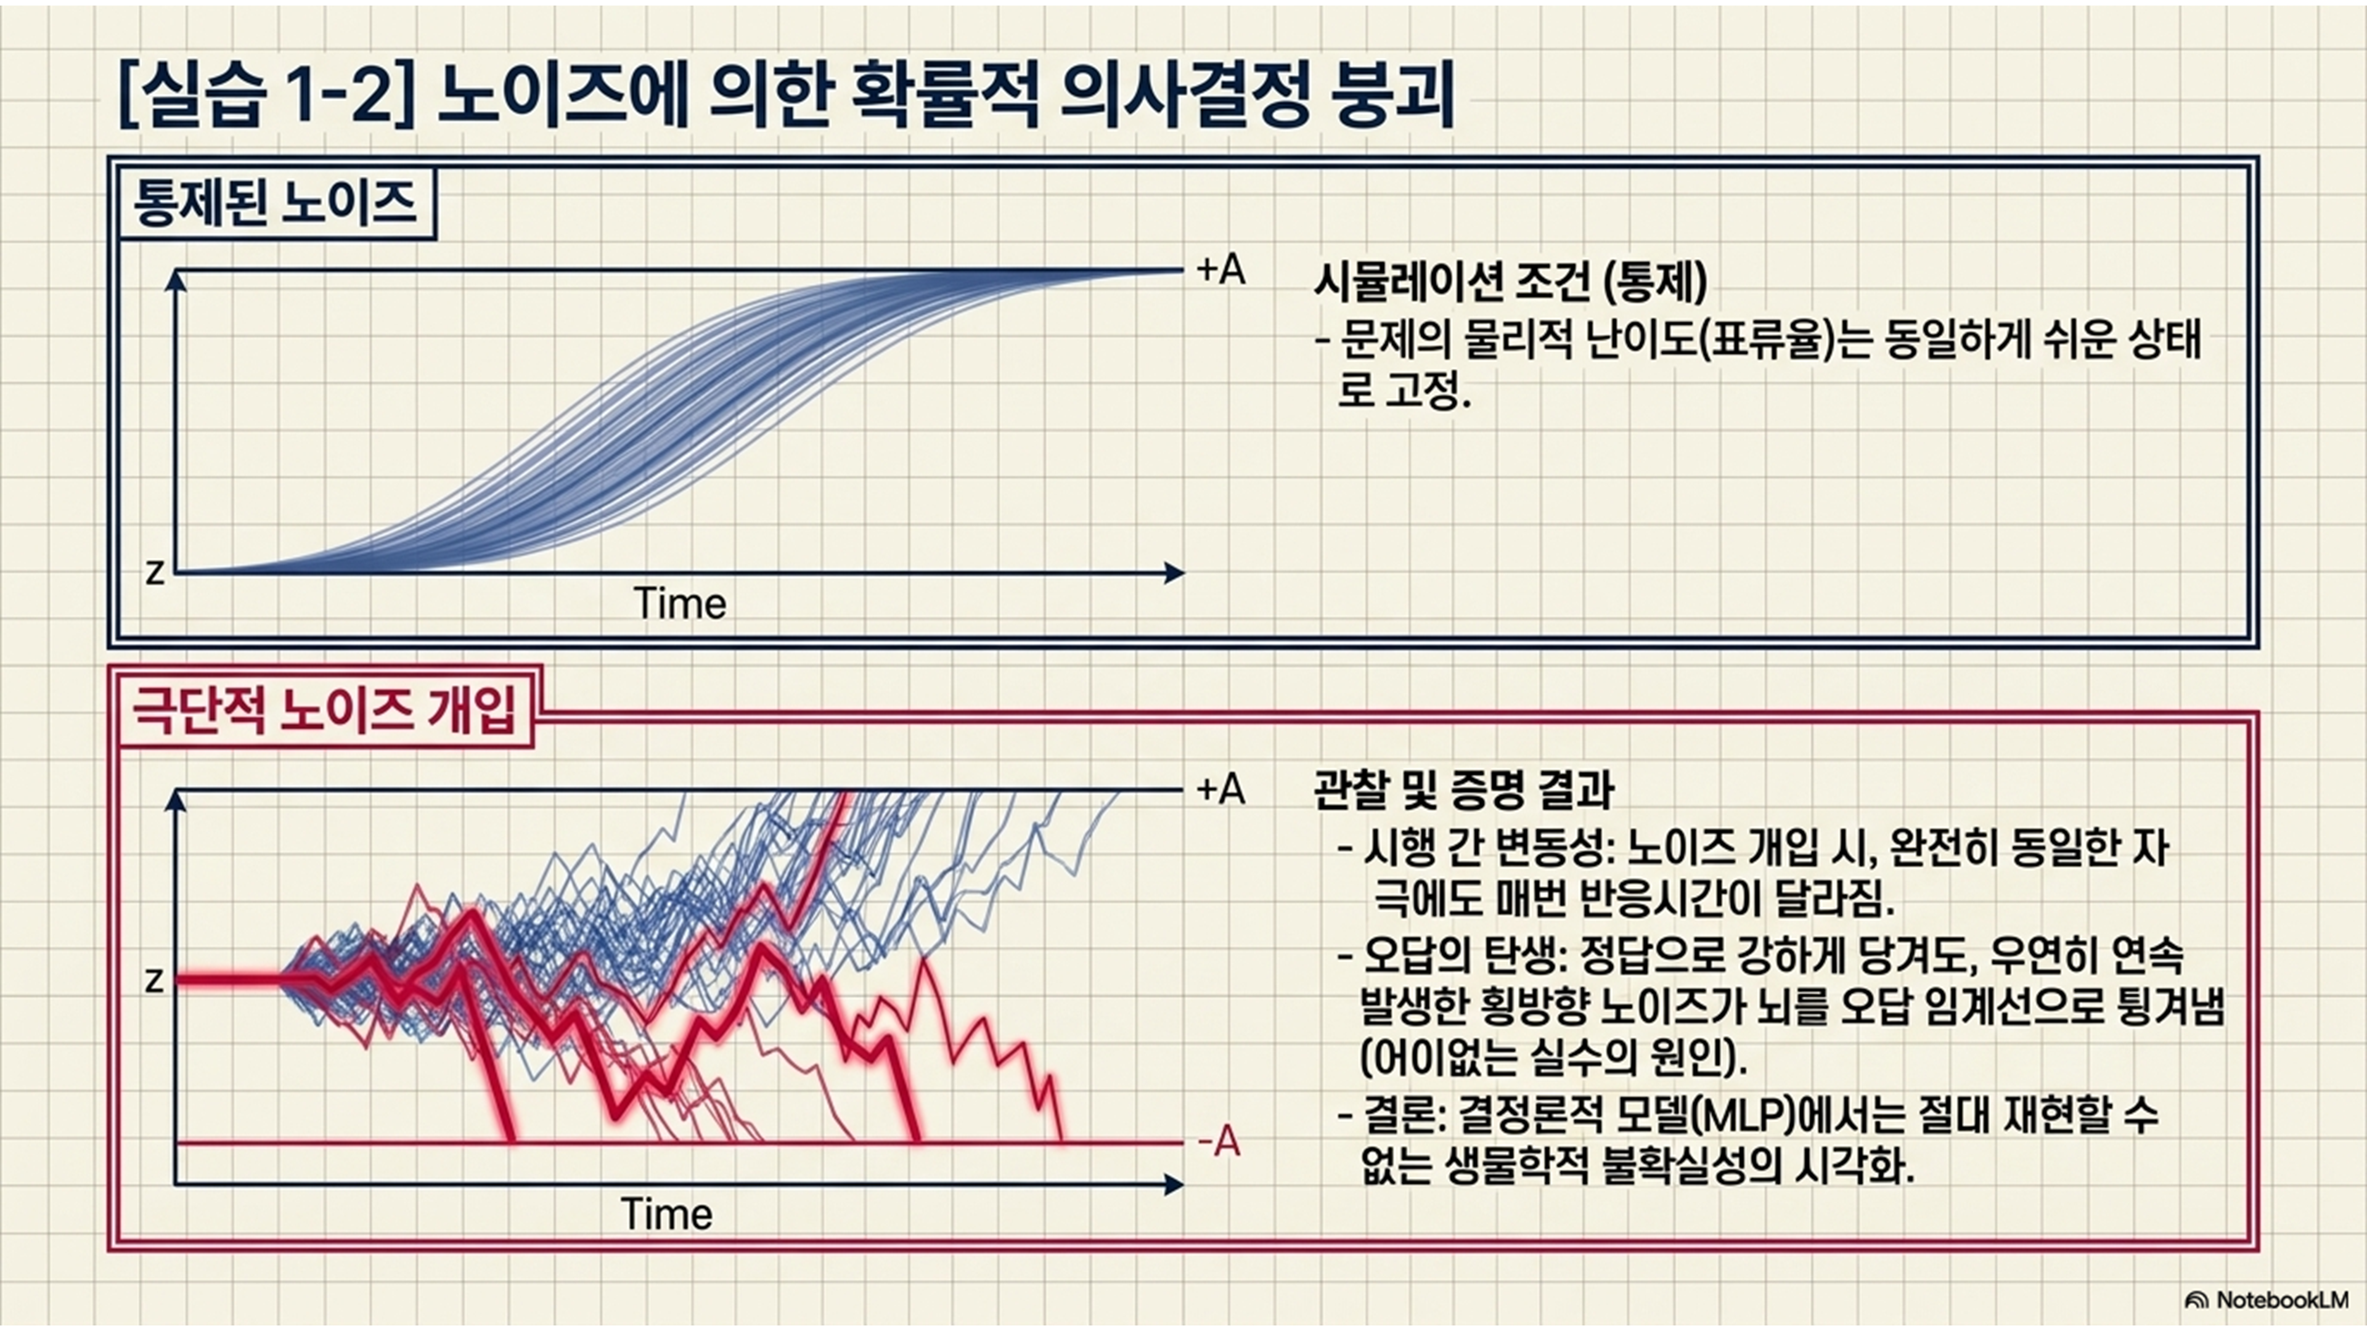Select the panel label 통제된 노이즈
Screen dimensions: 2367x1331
pos(276,204)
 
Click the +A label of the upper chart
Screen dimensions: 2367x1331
pos(1221,269)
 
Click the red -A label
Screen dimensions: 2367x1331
pos(1219,1142)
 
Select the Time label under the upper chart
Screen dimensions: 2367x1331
pos(680,603)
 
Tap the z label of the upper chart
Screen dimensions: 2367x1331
pos(155,572)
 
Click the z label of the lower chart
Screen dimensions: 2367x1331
pos(155,981)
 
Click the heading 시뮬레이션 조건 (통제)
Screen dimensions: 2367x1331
pos(1511,282)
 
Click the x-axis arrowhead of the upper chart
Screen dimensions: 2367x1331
pos(1175,573)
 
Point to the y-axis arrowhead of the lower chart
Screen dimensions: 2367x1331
pos(176,801)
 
